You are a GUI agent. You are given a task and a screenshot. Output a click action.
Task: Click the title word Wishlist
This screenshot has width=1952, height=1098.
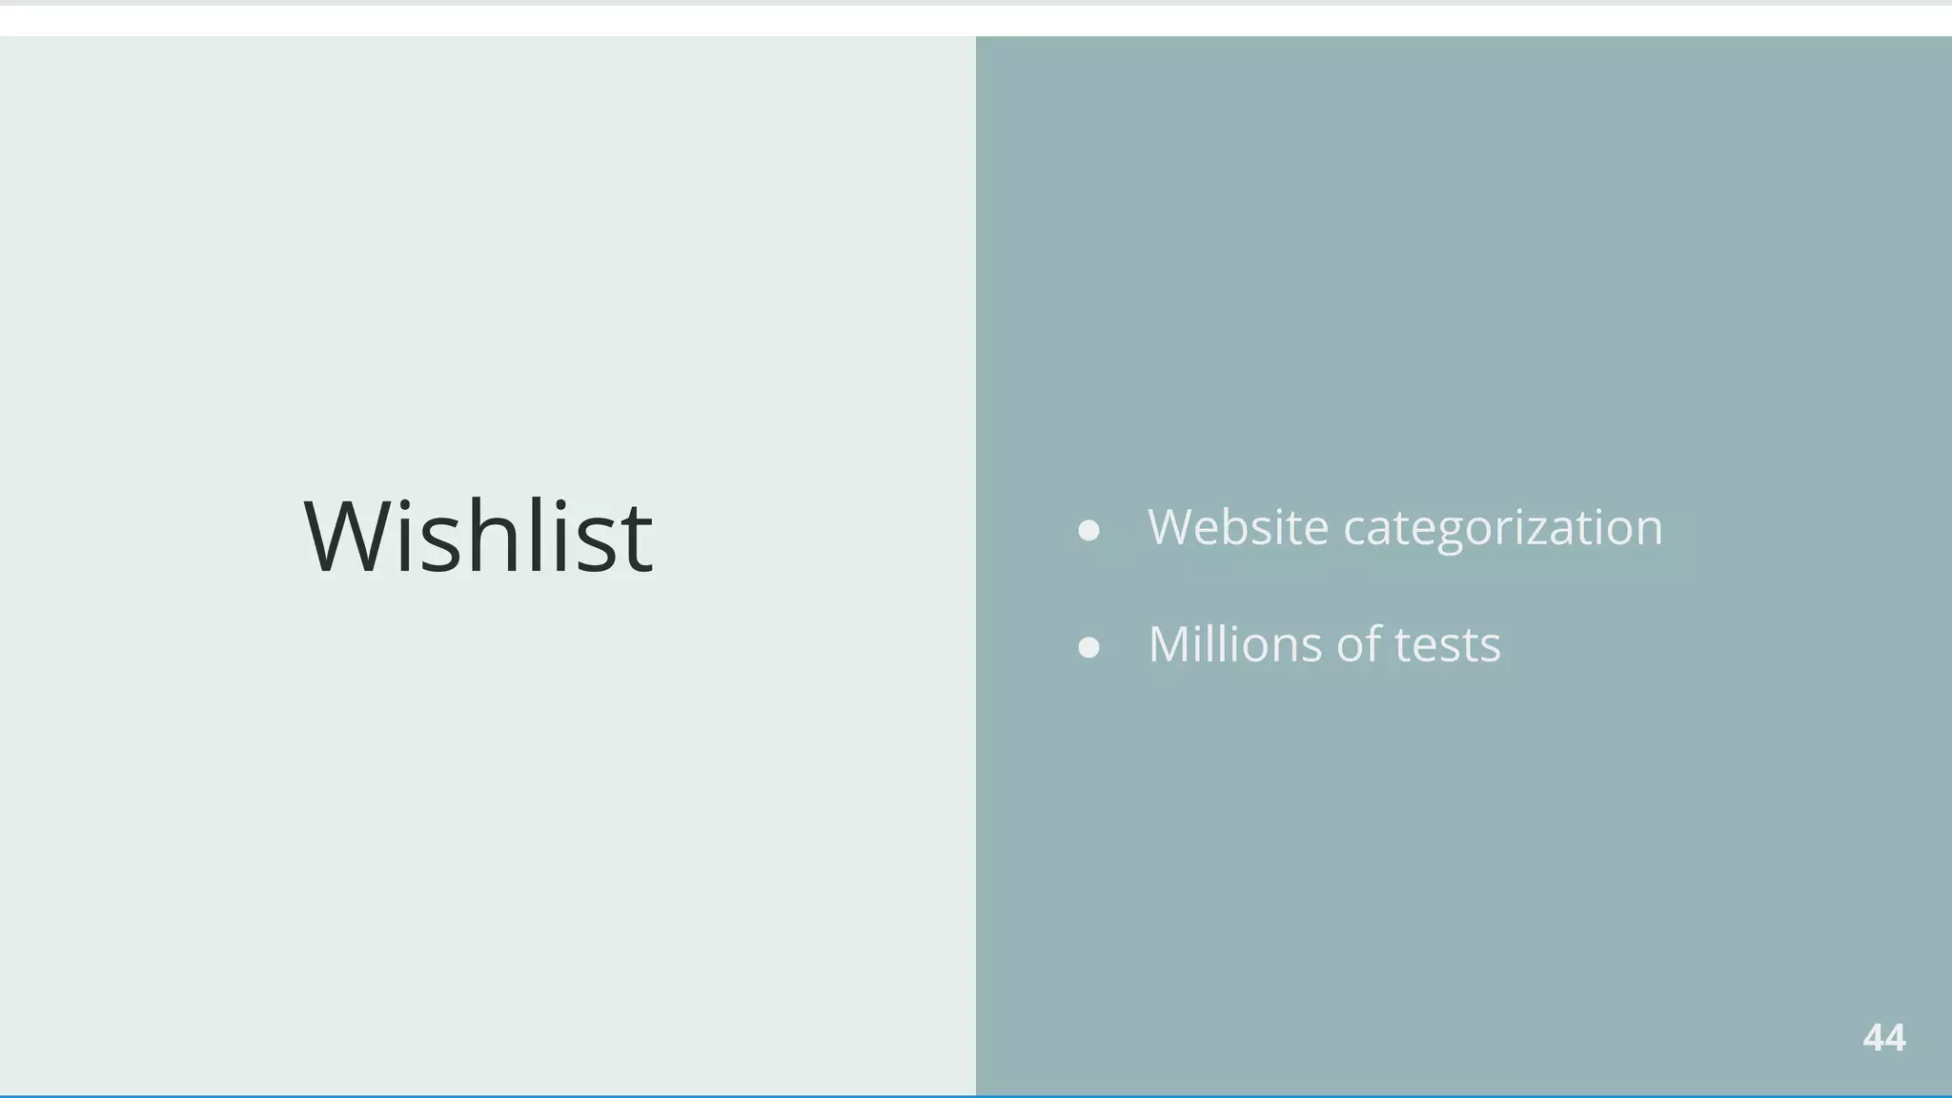click(x=478, y=536)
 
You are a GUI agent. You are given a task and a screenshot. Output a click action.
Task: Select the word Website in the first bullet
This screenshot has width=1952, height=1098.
click(x=1237, y=527)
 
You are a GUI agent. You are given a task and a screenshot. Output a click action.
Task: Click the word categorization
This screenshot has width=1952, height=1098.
click(x=1502, y=529)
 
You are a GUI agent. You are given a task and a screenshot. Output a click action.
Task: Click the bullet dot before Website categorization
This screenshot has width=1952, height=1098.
click(x=1088, y=530)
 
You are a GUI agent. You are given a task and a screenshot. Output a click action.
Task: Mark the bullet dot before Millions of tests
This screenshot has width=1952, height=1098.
click(x=1088, y=648)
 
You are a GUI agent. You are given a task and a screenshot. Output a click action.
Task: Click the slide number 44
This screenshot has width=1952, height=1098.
click(x=1883, y=1038)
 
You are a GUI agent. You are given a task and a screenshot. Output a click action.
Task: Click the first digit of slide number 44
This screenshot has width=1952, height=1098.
click(x=1873, y=1038)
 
